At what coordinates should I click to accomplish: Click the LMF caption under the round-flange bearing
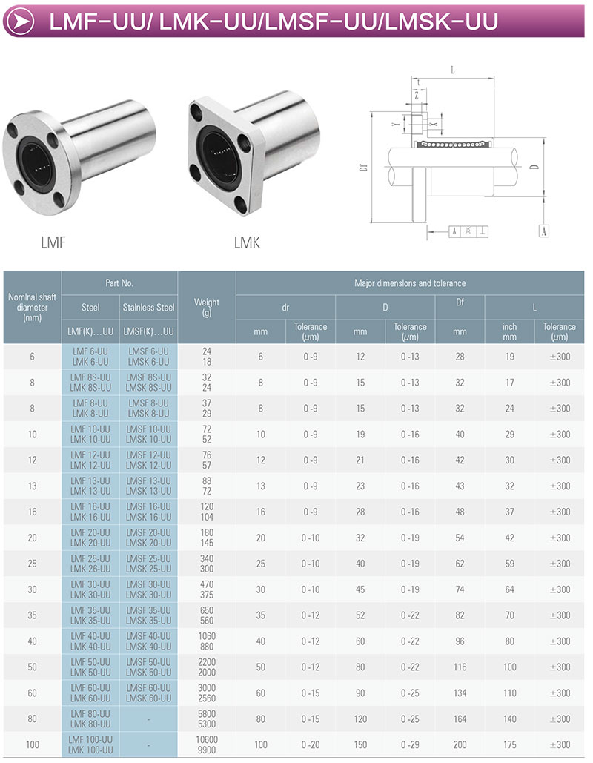click(x=53, y=242)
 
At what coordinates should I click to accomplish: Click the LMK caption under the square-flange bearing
click(x=247, y=242)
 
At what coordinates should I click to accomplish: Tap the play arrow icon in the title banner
click(x=21, y=21)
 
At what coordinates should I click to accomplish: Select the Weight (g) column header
click(x=207, y=308)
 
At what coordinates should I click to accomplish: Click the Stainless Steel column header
click(x=148, y=308)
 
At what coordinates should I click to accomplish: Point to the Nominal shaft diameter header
click(x=32, y=307)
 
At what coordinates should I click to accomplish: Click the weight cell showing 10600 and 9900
click(x=207, y=745)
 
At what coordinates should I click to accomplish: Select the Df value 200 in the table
click(x=460, y=745)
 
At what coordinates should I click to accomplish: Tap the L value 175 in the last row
click(x=510, y=745)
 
